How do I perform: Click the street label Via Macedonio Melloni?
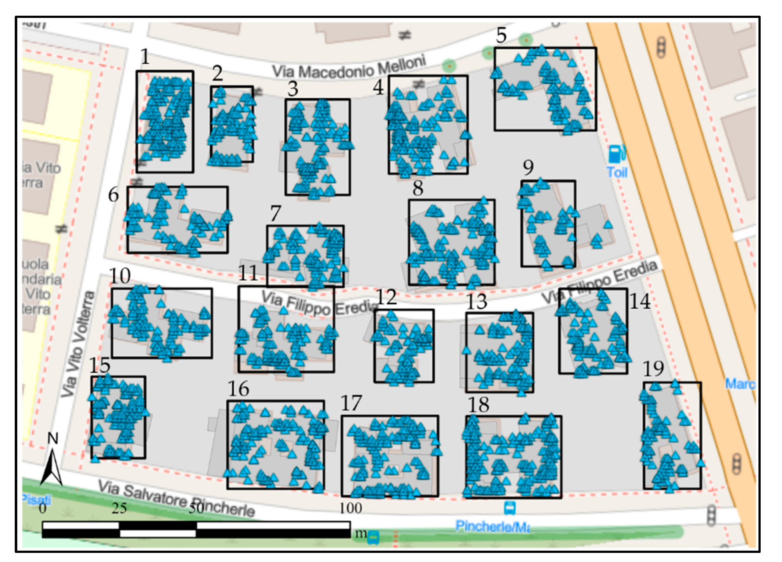coord(349,68)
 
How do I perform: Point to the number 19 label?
coord(653,369)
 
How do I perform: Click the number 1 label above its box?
coord(145,57)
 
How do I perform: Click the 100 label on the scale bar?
coord(351,508)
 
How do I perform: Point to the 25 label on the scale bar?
coord(119,508)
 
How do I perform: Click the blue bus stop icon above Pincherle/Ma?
coord(510,508)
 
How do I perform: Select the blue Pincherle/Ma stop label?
coord(492,526)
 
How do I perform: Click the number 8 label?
coord(418,188)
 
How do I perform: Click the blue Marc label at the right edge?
coord(740,384)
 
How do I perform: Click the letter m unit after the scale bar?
coord(361,533)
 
